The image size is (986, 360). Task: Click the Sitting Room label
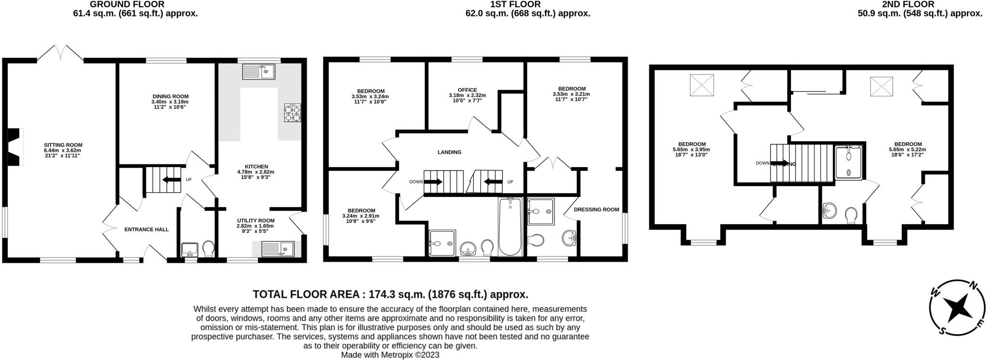(63, 145)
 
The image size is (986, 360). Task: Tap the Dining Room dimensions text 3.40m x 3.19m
(170, 102)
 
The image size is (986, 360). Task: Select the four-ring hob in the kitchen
(292, 113)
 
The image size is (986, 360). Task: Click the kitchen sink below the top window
(259, 72)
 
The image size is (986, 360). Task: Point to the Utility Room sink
(278, 249)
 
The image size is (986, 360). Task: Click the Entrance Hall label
(146, 230)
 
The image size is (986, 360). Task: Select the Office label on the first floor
(467, 90)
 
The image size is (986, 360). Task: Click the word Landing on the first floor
(449, 152)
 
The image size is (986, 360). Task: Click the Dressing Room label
(596, 209)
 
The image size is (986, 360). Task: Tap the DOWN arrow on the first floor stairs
(432, 182)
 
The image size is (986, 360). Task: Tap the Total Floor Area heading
(390, 294)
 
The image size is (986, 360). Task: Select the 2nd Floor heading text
(914, 4)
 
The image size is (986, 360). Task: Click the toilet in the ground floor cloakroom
(208, 249)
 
